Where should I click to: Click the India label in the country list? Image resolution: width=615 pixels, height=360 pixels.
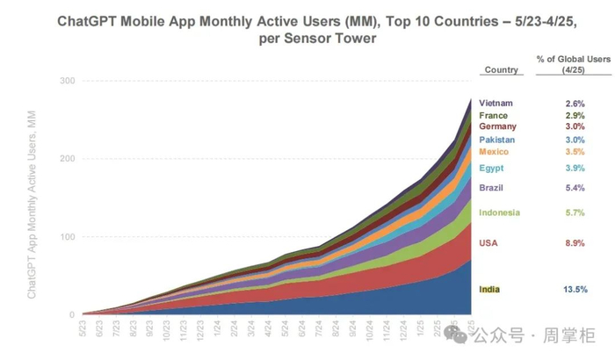coord(489,289)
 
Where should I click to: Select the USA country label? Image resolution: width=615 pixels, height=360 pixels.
coord(488,241)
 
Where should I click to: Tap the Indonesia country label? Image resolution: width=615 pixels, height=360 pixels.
coord(500,212)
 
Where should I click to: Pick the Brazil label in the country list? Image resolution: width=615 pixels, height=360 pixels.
coord(491,187)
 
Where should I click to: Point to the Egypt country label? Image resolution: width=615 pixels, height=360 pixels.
coord(491,168)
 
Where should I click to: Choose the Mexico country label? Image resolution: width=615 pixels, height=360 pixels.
coord(494,153)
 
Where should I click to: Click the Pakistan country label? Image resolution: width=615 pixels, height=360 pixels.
coord(497,140)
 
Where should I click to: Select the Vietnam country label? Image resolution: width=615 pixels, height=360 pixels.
coord(496,103)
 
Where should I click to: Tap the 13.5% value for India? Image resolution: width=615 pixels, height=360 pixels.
coord(575,289)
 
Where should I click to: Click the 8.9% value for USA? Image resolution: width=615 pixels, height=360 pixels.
coord(575,241)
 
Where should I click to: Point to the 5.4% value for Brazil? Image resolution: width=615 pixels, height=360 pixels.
coord(575,187)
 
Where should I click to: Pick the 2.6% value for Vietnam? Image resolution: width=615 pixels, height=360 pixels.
coord(575,103)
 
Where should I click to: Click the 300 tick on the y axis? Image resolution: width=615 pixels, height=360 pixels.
coord(65,81)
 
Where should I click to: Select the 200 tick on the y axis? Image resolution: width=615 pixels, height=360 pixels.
coord(65,159)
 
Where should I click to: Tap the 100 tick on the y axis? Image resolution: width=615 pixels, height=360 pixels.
coord(65,237)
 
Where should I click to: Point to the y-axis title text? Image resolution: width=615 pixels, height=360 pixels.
coord(33,197)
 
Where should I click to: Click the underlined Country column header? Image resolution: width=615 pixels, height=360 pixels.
coord(501,70)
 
